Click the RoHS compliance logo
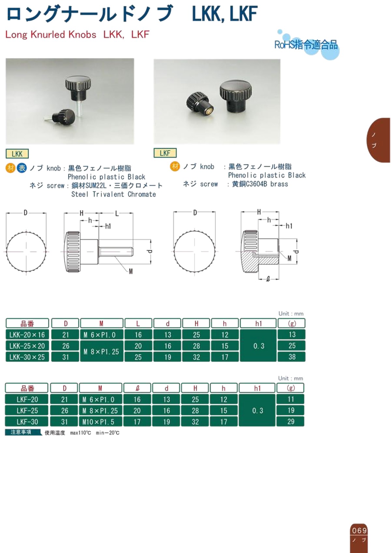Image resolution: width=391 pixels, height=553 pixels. point(306,45)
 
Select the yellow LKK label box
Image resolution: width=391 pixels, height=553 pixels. point(17,154)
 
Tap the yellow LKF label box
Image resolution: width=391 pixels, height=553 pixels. point(165,153)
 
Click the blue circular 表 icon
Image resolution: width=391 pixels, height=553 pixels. point(22,168)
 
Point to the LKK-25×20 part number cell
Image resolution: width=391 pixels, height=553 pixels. point(27,346)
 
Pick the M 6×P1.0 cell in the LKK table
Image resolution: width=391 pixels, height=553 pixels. point(101,335)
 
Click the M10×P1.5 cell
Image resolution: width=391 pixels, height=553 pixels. point(100,422)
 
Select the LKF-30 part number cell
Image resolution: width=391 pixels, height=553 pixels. point(27,422)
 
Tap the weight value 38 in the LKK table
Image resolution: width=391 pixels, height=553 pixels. point(292,357)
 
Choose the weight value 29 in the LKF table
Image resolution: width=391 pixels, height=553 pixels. point(290,422)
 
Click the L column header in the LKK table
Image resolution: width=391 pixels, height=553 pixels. point(138,323)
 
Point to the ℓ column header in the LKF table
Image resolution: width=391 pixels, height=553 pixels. point(137,388)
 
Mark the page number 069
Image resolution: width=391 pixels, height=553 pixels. point(359,531)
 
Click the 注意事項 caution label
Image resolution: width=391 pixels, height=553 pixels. point(21,432)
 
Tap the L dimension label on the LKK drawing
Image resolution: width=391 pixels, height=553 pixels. point(117,214)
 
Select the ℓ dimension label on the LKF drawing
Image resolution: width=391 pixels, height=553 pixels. point(268,279)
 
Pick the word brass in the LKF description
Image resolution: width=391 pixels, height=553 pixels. point(279,184)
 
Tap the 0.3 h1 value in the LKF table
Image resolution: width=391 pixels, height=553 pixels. point(257,411)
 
